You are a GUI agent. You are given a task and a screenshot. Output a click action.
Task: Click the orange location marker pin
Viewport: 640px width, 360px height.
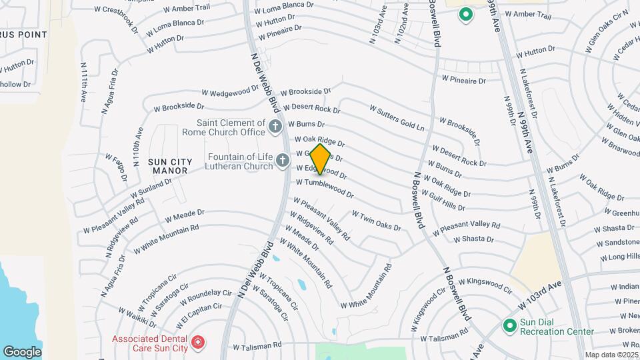(x=321, y=159)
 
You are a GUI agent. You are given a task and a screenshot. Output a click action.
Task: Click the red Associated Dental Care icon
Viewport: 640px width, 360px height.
(x=197, y=343)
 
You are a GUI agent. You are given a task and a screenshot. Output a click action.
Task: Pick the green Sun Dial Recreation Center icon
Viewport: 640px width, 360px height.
(x=510, y=326)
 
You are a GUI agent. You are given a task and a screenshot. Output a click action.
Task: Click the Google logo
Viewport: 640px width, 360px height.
(x=22, y=351)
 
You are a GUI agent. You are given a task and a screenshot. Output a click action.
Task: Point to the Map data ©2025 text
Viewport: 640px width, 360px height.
(x=611, y=355)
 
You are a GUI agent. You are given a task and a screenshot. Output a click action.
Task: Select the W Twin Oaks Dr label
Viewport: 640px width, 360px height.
(x=377, y=221)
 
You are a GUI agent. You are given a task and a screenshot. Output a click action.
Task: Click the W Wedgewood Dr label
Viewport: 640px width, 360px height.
(x=229, y=91)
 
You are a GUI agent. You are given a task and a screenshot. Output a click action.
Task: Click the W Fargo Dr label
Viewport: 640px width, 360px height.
(x=115, y=167)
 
